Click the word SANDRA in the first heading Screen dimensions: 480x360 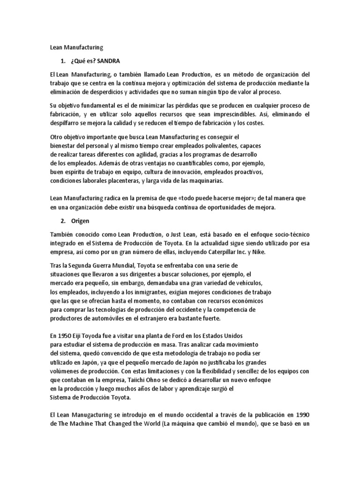tap(112, 61)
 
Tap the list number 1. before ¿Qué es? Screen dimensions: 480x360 tap(63, 61)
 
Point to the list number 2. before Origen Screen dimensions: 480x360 tap(63, 220)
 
